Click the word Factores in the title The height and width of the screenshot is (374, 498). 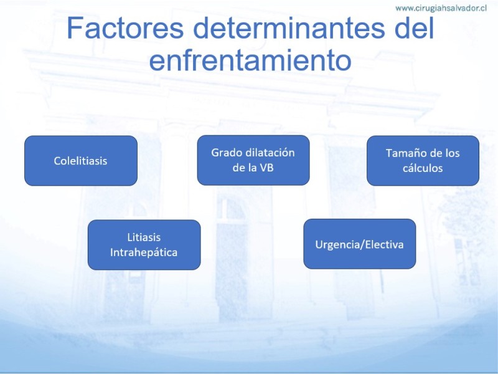pos(126,28)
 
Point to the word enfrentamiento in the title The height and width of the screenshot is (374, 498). pos(250,60)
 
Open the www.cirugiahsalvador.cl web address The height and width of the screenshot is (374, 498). pos(441,8)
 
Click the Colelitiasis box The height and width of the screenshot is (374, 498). pos(81,161)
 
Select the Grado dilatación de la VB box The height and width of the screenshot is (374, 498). pos(253,160)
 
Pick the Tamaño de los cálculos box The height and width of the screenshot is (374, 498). pos(423,161)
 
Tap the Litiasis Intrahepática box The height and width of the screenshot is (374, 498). pos(144,245)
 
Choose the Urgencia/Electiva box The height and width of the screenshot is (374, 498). pos(360,244)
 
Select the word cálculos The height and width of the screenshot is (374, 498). pos(423,168)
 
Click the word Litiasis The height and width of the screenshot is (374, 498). pos(144,237)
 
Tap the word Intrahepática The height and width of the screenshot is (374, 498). pos(144,252)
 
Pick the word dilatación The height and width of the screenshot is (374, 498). pos(268,153)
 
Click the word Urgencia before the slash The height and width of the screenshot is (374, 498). pos(338,245)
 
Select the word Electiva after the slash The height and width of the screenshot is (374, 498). pos(384,244)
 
